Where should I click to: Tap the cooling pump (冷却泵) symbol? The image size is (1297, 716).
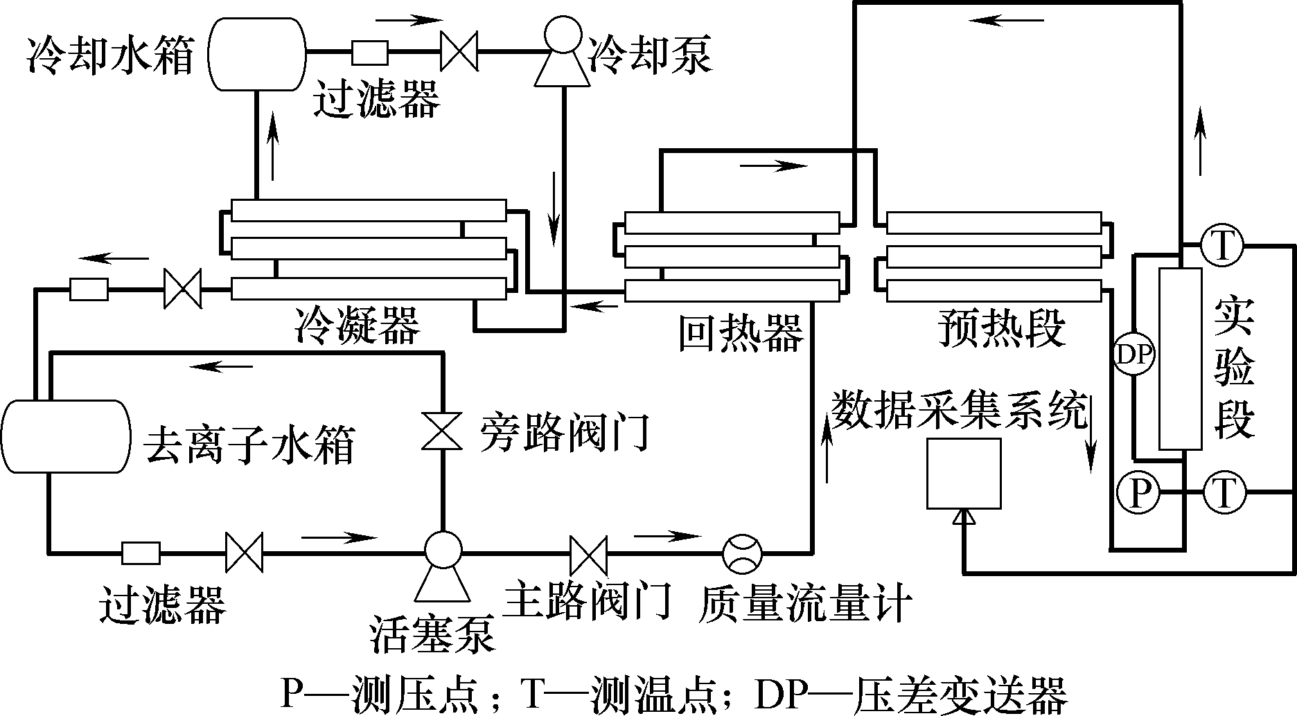coord(562,55)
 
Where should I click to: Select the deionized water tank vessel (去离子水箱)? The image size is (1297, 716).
coord(67,436)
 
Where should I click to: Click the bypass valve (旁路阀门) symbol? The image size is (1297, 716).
coord(442,431)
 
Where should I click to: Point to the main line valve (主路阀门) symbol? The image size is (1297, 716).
coord(588,553)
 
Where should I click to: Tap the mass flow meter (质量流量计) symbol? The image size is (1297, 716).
coord(742,553)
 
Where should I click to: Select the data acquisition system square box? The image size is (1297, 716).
coord(964,474)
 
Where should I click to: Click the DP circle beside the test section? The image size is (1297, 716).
coord(1134,355)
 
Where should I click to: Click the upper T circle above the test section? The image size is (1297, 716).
coord(1221,247)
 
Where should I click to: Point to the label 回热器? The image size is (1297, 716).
coord(741,332)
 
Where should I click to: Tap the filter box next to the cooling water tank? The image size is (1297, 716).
coord(369,52)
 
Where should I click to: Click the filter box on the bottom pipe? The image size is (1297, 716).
coord(141,553)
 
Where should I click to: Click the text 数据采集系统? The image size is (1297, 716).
coord(960,410)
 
